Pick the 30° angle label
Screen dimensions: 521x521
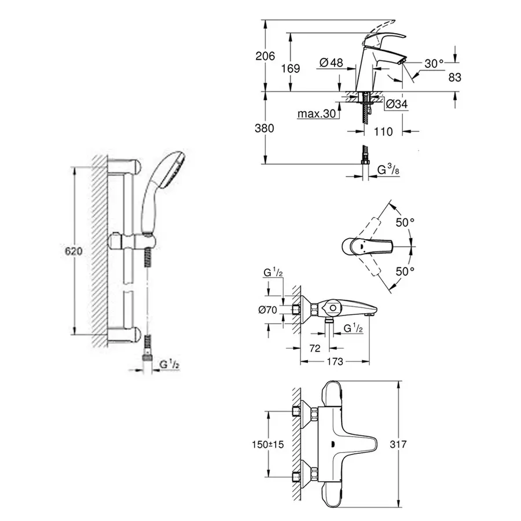pos(434,63)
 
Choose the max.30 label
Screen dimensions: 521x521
pos(317,114)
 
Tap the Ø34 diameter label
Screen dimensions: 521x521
pos(396,104)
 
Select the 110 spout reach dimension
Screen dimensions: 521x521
pos(383,131)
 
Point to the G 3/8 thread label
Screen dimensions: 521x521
pos(390,170)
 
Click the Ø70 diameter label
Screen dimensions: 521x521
pos(267,310)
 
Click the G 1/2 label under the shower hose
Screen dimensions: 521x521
pos(169,364)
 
